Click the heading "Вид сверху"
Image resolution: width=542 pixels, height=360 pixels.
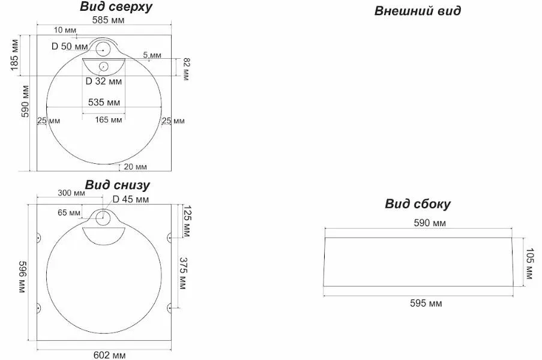[x=116, y=7]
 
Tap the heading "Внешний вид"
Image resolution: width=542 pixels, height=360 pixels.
[x=418, y=11]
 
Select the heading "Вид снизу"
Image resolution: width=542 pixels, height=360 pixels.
[x=117, y=185]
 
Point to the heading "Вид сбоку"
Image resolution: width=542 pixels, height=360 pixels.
[x=418, y=204]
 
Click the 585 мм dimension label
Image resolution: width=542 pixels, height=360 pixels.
[x=108, y=20]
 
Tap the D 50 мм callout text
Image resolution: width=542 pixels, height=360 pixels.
[x=70, y=46]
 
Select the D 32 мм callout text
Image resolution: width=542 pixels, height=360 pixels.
[x=104, y=82]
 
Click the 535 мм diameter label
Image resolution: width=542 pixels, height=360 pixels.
[x=104, y=102]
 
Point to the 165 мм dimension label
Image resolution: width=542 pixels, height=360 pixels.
[x=109, y=120]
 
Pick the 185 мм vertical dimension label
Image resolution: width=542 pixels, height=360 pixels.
[x=15, y=55]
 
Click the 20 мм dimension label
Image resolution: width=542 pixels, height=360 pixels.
[x=135, y=167]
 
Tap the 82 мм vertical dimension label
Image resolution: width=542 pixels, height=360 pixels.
[x=187, y=69]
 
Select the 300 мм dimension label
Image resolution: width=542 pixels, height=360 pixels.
[x=71, y=193]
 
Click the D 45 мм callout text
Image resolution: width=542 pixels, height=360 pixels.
[x=131, y=199]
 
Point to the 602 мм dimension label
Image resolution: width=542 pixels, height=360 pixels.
[x=110, y=355]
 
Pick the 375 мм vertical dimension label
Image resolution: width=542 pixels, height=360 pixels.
[x=183, y=273]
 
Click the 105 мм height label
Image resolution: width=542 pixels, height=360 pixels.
[x=529, y=263]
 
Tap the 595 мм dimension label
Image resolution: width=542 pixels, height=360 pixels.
[x=426, y=304]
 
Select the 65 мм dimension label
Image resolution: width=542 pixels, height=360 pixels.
[x=69, y=212]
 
